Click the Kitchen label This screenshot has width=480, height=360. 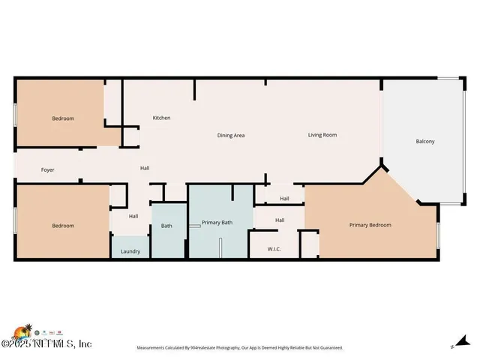point(161,118)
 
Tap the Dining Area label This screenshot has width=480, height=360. point(231,136)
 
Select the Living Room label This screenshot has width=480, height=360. point(322,135)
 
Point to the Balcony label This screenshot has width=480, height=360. point(424,142)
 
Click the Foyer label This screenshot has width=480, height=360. point(47,170)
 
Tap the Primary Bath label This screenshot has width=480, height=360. point(217,223)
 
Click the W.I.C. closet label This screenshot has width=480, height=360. point(274,249)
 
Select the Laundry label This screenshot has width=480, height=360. point(130,251)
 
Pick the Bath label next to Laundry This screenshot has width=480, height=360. point(166,226)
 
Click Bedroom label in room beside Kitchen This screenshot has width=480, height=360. point(63,118)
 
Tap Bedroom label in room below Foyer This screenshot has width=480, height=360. point(63,226)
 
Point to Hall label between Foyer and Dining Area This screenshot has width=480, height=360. point(145,168)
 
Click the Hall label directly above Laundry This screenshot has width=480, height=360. point(133,217)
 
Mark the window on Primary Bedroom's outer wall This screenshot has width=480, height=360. point(438,239)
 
